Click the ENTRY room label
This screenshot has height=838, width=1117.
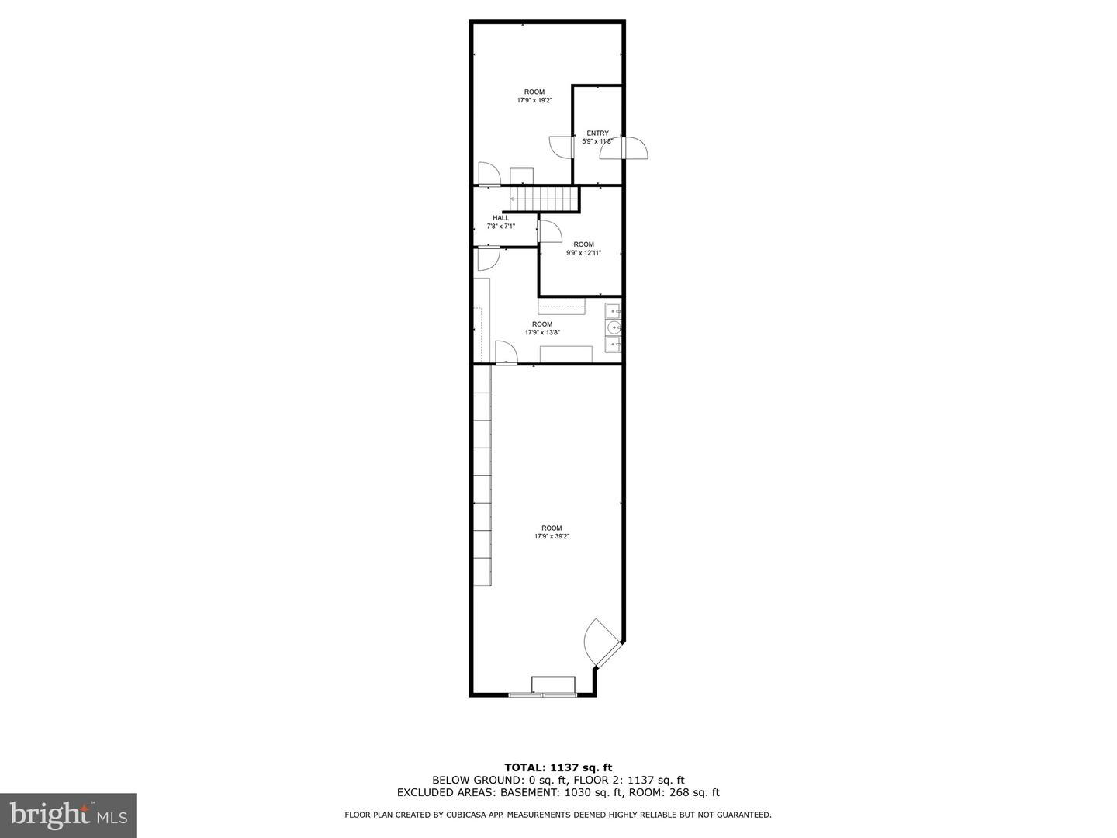(597, 133)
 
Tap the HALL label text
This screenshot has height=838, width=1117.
(501, 218)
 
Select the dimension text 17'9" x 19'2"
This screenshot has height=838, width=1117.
(534, 100)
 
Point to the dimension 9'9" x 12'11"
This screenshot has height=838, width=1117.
(583, 253)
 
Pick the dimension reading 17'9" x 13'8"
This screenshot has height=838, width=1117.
(542, 333)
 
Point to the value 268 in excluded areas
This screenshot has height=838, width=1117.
(678, 793)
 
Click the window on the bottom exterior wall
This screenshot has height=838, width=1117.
(543, 694)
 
